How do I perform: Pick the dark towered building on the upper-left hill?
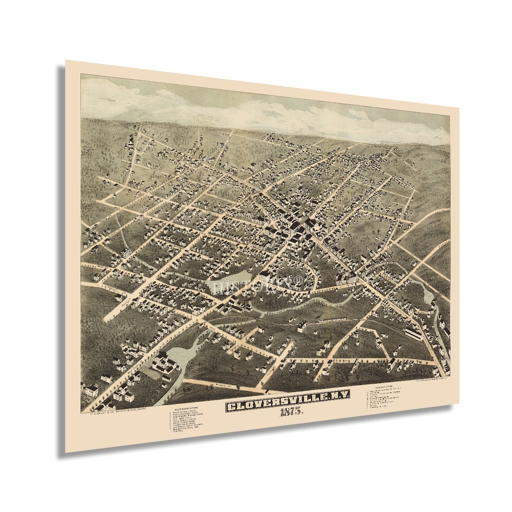click(x=129, y=141)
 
